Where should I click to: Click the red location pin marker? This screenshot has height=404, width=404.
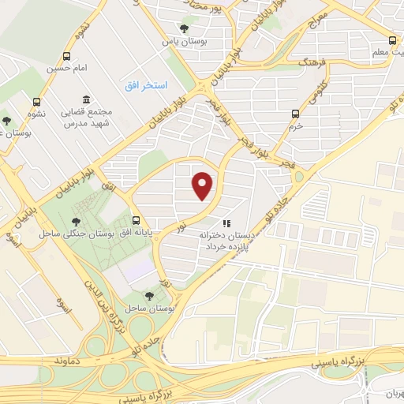[204, 185]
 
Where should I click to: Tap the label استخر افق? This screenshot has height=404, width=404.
[143, 84]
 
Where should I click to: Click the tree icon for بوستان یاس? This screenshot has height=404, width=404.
[184, 28]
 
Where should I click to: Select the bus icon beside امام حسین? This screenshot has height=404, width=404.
[66, 57]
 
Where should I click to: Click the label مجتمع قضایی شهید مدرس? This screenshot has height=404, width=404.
[89, 118]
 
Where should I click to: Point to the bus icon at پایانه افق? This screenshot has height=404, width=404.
[137, 221]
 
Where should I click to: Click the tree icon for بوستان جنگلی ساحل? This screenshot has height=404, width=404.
[77, 222]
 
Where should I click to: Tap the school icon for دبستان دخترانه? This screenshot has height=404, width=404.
[226, 223]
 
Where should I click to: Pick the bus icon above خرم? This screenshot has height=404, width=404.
[295, 114]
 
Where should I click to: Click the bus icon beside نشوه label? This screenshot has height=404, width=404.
[37, 102]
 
